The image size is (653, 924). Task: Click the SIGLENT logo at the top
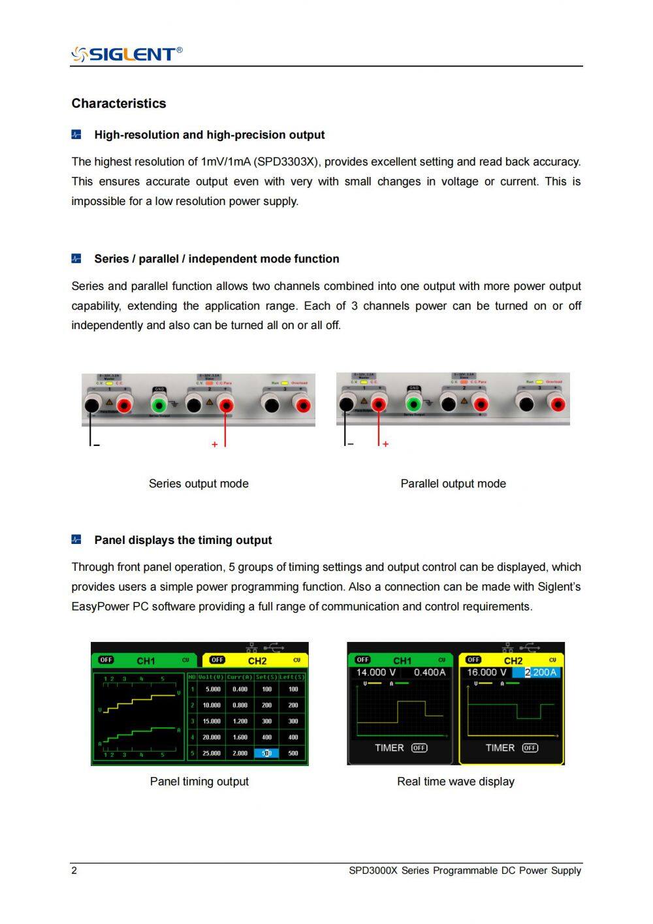127,54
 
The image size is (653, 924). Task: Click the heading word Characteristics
118,103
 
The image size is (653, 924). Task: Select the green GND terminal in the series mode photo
159,405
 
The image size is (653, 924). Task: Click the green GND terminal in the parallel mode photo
413,404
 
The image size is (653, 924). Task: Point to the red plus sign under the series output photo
214,445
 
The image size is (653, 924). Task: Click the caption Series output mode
199,484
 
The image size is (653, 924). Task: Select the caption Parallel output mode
453,484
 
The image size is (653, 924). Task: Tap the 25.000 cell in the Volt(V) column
212,753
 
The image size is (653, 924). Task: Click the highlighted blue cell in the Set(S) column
266,753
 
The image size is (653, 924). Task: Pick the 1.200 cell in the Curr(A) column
240,721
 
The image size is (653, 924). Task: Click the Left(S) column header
293,677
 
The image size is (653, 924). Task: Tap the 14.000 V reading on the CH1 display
375,673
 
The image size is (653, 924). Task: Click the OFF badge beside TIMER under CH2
530,748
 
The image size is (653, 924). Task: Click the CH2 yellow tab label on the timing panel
257,660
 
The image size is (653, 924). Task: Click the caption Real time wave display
455,782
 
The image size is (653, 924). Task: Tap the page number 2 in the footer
74,870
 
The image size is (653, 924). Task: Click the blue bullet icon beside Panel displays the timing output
76,540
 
